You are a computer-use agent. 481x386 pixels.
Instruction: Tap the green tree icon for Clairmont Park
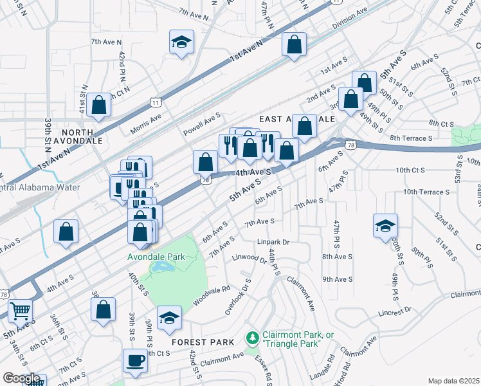click(x=253, y=337)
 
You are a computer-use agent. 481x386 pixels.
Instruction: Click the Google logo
click(x=21, y=378)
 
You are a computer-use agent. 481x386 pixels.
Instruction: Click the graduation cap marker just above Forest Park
click(x=169, y=318)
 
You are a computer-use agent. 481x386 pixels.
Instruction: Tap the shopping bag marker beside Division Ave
click(x=294, y=46)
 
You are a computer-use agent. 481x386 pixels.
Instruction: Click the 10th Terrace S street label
click(x=425, y=192)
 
